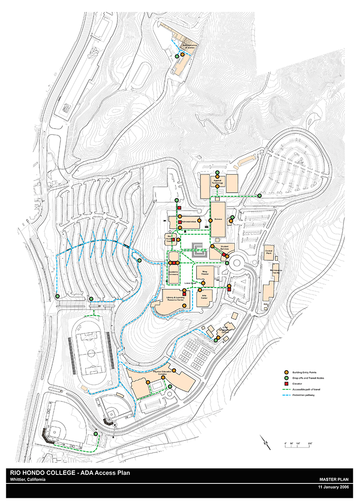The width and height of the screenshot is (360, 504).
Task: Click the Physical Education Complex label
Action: point(163,373)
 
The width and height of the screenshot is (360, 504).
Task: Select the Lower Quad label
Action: point(190,283)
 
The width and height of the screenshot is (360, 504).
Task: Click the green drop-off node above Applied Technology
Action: point(217,173)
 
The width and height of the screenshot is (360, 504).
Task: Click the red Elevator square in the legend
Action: point(285,384)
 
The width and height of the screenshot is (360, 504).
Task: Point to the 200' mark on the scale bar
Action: point(310,443)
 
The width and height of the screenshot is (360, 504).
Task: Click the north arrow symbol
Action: point(265,443)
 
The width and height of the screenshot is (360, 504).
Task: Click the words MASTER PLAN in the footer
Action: point(336,479)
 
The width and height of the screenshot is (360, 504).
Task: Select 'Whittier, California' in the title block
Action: point(28,479)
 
